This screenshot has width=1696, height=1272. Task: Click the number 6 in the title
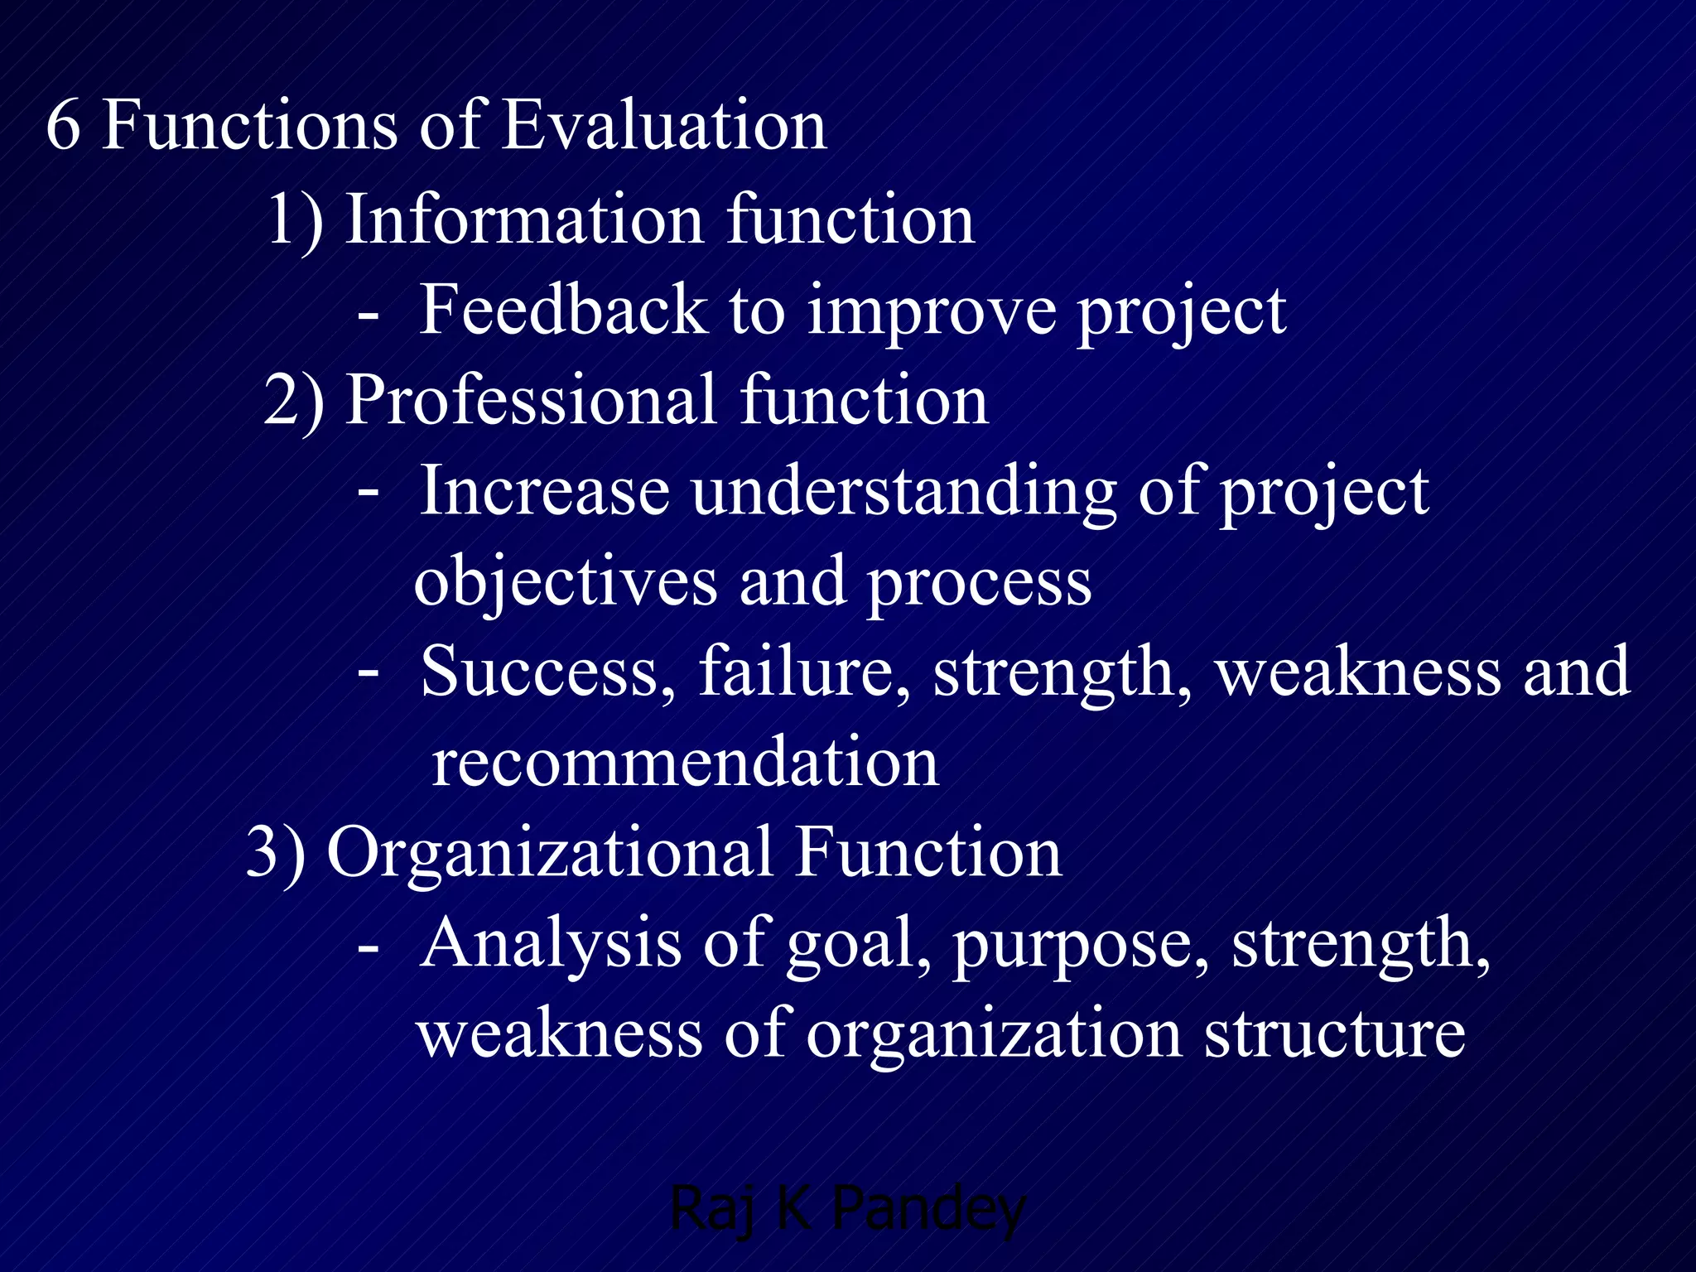coord(64,126)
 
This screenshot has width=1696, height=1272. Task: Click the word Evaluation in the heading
coord(664,126)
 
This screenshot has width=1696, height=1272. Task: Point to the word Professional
coord(530,401)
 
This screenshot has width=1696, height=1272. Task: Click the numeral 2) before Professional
coord(294,401)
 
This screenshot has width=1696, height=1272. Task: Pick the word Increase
coord(544,492)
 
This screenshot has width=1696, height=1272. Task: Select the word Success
coord(538,672)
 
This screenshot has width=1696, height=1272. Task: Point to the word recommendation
coord(685,764)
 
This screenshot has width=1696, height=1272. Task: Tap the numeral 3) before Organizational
coord(276,853)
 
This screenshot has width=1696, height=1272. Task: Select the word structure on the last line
coord(1334,1035)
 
